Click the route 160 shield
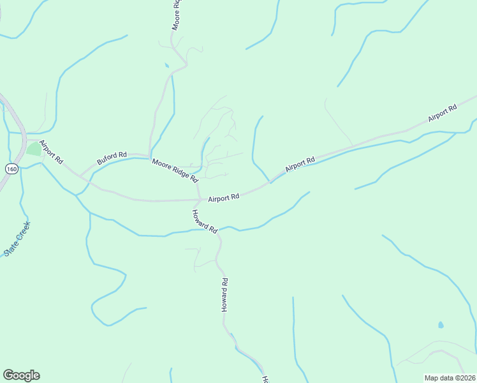pyautogui.click(x=11, y=169)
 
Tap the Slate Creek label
pyautogui.click(x=17, y=239)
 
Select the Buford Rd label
pyautogui.click(x=112, y=158)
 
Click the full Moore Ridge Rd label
pyautogui.click(x=175, y=170)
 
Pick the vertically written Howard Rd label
pyautogui.click(x=224, y=294)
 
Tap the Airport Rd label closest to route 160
pyautogui.click(x=51, y=151)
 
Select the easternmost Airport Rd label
pyautogui.click(x=443, y=113)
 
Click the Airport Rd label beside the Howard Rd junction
pyautogui.click(x=223, y=198)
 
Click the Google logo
pyautogui.click(x=21, y=375)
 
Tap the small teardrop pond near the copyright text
pyautogui.click(x=441, y=325)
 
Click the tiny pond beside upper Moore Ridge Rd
pyautogui.click(x=167, y=65)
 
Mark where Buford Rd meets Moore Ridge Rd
pyautogui.click(x=149, y=156)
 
